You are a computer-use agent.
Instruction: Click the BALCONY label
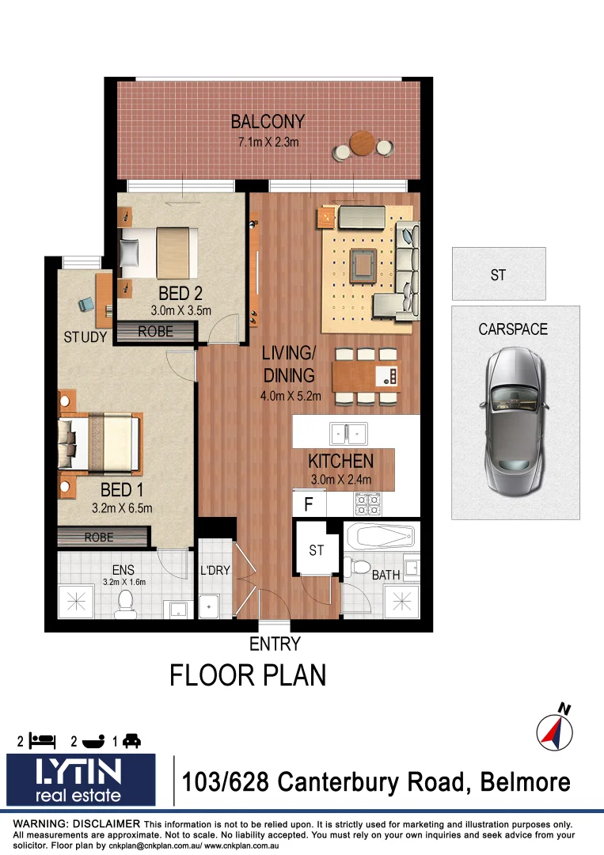pyautogui.click(x=268, y=122)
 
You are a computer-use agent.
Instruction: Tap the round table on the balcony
pyautogui.click(x=363, y=144)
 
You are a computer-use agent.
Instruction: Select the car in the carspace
pyautogui.click(x=515, y=412)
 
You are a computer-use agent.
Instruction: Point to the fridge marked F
pyautogui.click(x=310, y=503)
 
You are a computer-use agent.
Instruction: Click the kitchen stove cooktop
pyautogui.click(x=367, y=503)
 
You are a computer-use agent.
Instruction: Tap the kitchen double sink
pyautogui.click(x=348, y=433)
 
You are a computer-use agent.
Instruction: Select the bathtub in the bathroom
pyautogui.click(x=380, y=538)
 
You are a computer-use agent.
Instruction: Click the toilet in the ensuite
pyautogui.click(x=125, y=606)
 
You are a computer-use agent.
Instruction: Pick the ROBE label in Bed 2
pyautogui.click(x=155, y=332)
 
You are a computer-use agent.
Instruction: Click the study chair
pyautogui.click(x=86, y=304)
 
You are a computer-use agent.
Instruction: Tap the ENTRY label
pyautogui.click(x=275, y=644)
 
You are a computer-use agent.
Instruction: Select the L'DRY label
pyautogui.click(x=215, y=571)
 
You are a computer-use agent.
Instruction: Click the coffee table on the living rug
pyautogui.click(x=363, y=264)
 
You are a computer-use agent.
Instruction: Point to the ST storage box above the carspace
pyautogui.click(x=498, y=275)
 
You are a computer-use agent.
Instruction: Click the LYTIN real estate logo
pyautogui.click(x=82, y=780)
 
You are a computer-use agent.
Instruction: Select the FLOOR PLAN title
pyautogui.click(x=249, y=675)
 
